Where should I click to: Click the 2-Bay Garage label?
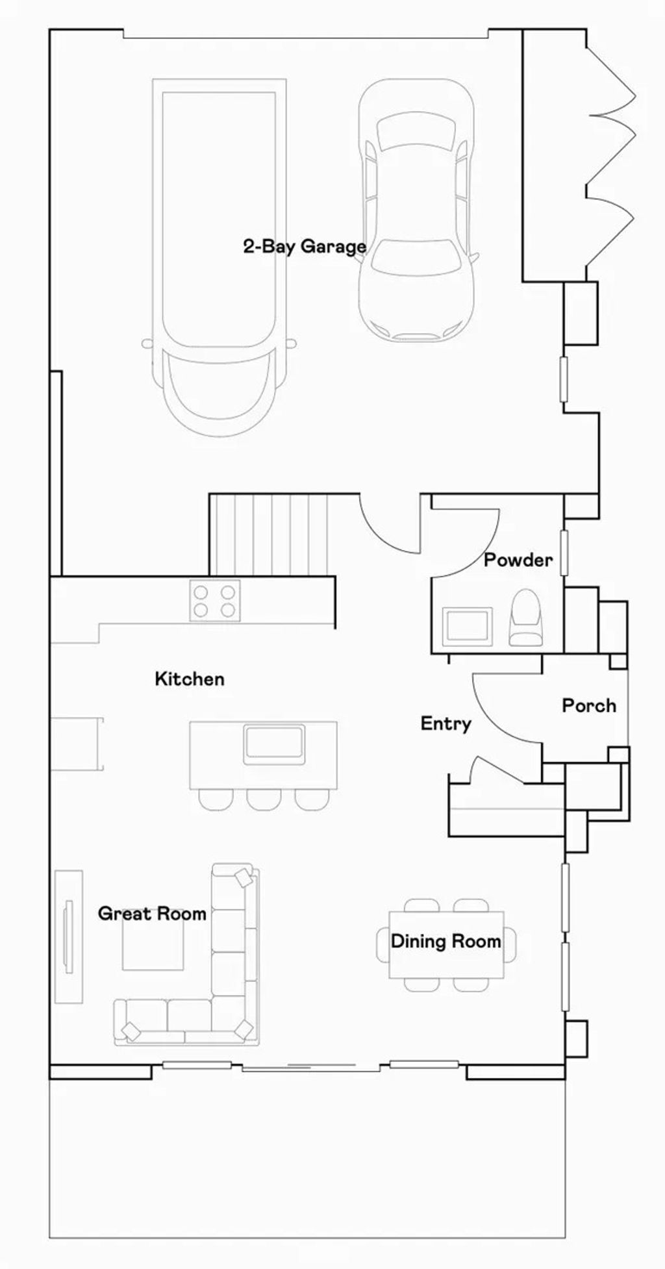tap(305, 247)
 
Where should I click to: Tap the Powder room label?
tap(518, 560)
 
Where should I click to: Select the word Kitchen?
tap(190, 679)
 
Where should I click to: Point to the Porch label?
tap(589, 705)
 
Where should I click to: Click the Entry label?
tap(445, 724)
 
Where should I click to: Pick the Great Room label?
tap(152, 913)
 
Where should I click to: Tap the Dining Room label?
tap(445, 941)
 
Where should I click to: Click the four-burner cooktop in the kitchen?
tap(214, 601)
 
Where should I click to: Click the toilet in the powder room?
tap(525, 617)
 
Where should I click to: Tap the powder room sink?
tap(466, 627)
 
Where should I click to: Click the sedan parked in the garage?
tap(416, 209)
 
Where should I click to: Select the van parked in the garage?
tap(219, 257)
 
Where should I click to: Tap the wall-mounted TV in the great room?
tap(68, 936)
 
